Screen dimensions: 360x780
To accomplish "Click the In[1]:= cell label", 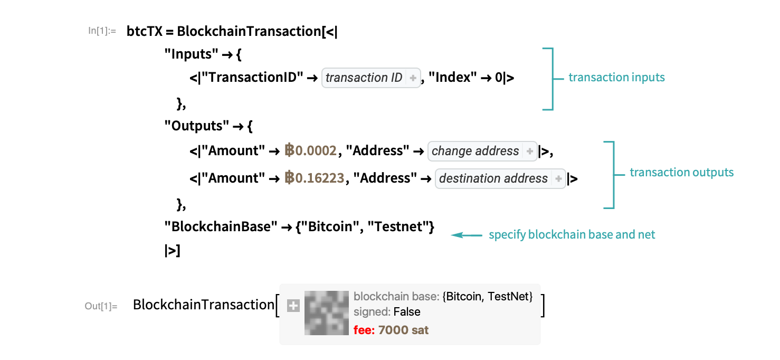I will [x=102, y=31].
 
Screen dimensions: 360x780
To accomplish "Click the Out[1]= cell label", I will [x=101, y=306].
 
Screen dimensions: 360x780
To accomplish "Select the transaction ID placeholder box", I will [x=364, y=78].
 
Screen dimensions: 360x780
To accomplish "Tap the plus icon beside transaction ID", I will [x=413, y=78].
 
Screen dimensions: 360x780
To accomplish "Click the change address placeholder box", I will [x=475, y=151].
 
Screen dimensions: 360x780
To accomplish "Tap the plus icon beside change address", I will [x=530, y=151].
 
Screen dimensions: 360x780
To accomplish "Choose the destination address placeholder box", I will [x=493, y=179].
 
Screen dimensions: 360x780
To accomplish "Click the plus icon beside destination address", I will [x=558, y=179].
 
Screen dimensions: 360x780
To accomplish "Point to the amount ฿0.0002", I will [x=310, y=151].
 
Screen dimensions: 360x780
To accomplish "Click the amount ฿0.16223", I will [x=314, y=178].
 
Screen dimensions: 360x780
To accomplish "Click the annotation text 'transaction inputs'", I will [x=616, y=78].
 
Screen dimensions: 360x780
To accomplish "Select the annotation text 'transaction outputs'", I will [x=681, y=173].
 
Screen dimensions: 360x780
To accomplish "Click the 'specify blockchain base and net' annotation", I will [x=572, y=235].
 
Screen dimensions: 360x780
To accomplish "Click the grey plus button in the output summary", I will [x=293, y=306].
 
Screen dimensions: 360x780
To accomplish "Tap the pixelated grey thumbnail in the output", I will [x=327, y=313].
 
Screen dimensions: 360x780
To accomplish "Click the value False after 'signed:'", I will [x=407, y=312].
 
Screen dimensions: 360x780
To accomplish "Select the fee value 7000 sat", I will [x=403, y=330].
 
